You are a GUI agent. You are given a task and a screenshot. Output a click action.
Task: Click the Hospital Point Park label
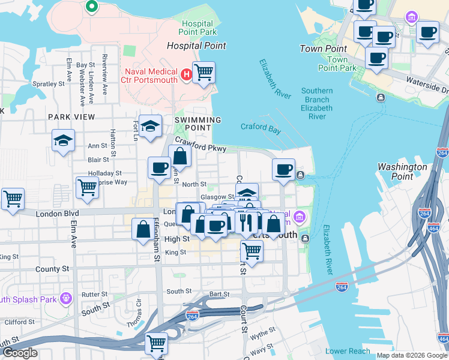pos(198,27)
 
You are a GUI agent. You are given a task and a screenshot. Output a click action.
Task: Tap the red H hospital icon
pos(186,76)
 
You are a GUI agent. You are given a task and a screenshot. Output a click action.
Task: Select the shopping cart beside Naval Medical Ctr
pos(204,73)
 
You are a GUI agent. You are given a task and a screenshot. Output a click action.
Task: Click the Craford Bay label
pos(261,127)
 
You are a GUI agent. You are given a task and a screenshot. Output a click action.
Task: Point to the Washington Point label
pos(403,172)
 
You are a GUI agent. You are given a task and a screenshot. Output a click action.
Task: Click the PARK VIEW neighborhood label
pos(71,117)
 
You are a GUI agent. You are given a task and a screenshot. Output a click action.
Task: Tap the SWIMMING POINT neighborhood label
pos(193,124)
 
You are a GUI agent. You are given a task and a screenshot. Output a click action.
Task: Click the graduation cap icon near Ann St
pos(63,141)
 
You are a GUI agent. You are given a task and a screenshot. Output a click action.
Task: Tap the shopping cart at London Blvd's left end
pos(13,198)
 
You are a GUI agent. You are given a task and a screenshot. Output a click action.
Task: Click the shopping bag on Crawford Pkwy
pos(180,157)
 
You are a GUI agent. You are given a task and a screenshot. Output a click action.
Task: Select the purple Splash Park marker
pos(65,297)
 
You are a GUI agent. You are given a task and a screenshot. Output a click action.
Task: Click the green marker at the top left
pos(92,7)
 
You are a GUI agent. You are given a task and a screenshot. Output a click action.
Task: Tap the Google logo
pos(20,353)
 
